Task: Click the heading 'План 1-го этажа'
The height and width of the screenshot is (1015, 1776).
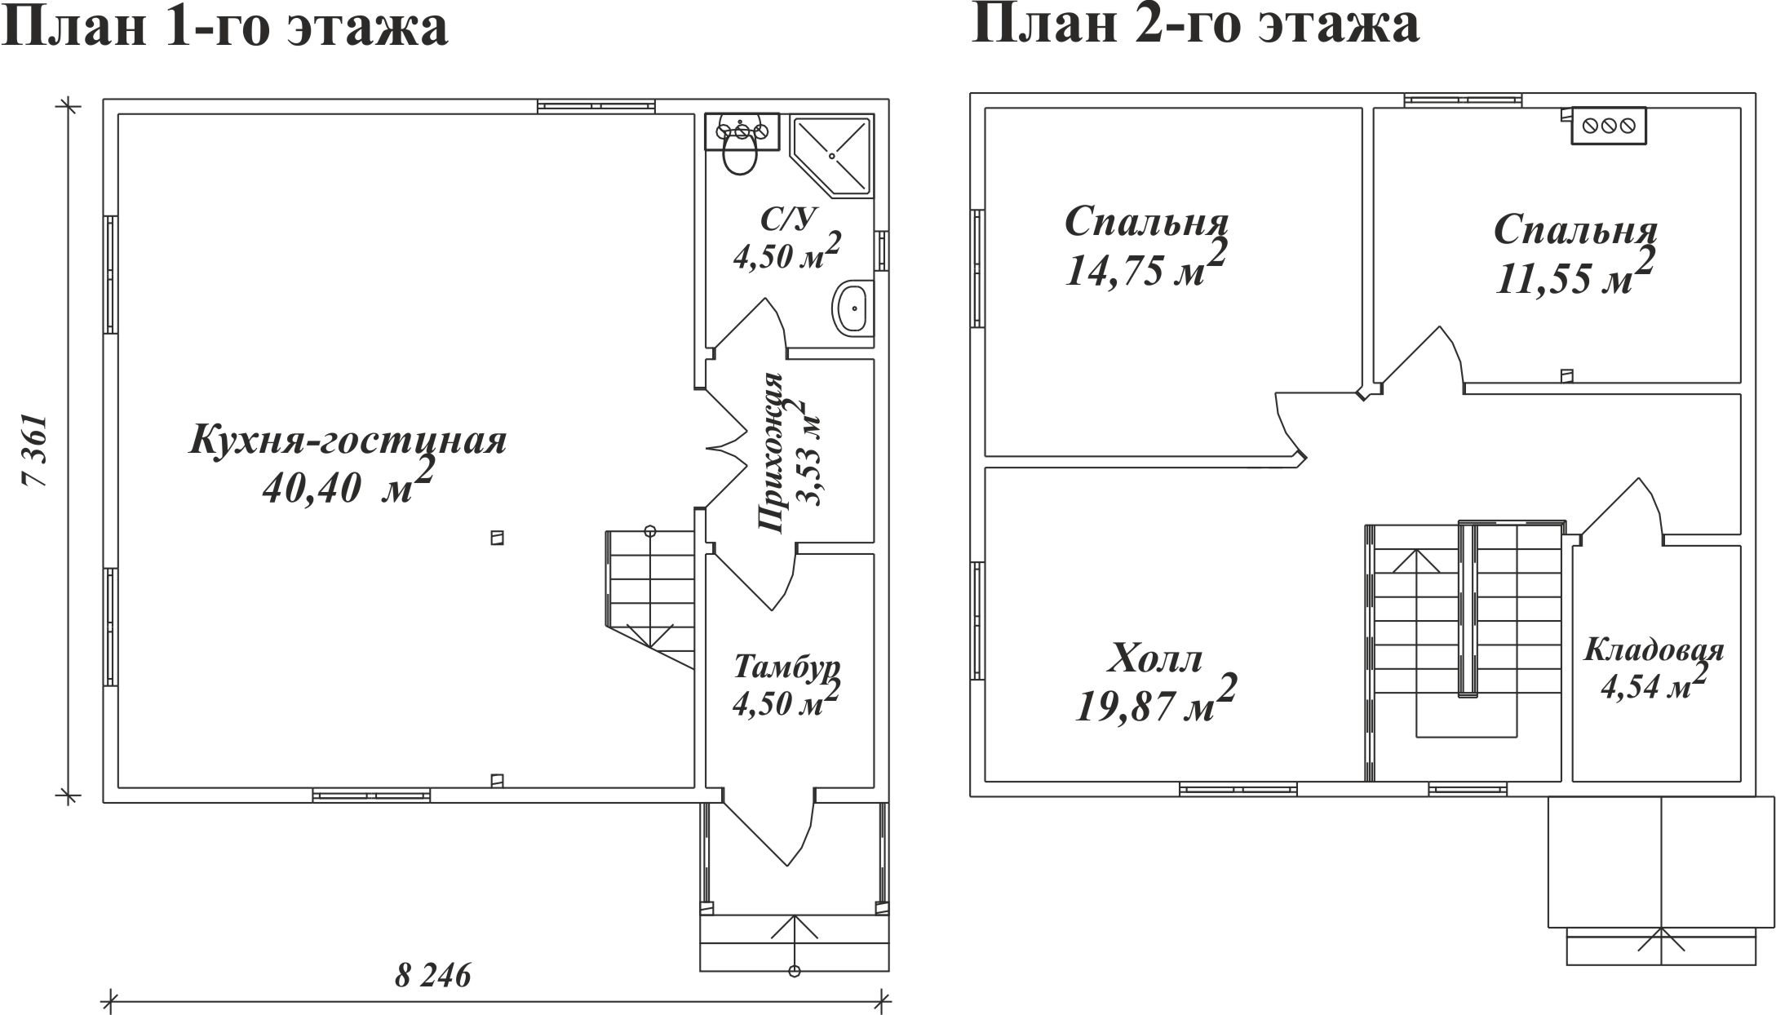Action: (x=226, y=27)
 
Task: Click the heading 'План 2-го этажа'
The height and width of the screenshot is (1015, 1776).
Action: (x=1196, y=24)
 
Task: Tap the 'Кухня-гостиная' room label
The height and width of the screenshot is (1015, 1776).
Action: (x=348, y=441)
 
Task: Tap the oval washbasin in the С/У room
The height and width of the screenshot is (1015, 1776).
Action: (x=853, y=308)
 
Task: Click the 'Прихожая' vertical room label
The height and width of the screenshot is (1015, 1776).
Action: (x=770, y=454)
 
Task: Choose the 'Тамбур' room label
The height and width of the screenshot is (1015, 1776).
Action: (x=786, y=667)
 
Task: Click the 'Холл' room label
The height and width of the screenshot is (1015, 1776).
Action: (x=1155, y=659)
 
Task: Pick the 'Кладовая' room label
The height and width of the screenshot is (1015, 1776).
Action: (x=1654, y=651)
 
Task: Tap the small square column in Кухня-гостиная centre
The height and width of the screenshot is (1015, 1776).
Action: (x=497, y=538)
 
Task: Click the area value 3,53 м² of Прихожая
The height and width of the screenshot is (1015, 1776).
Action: (x=804, y=454)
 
